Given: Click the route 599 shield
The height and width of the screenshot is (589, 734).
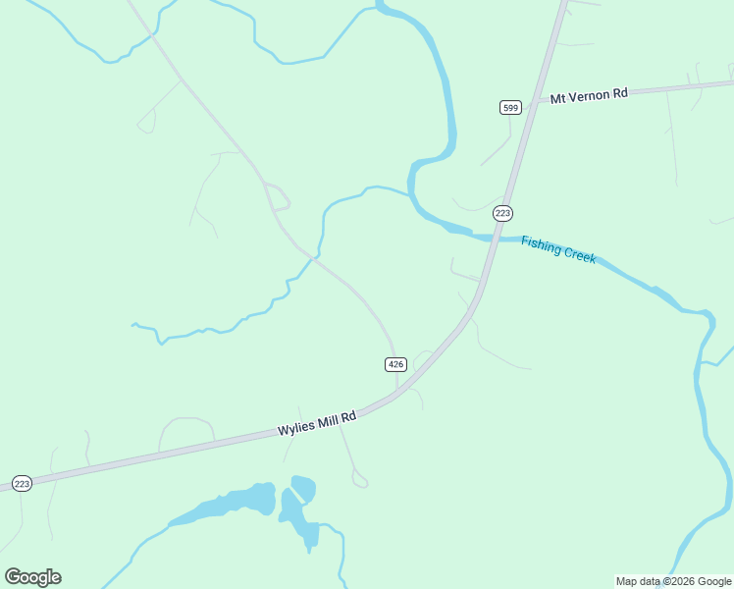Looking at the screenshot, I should point(510,107).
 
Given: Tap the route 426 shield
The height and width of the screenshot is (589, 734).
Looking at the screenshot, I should point(395,364).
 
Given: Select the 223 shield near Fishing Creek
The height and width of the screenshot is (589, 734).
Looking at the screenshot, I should point(503,213).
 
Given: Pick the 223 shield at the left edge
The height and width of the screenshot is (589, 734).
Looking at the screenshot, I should point(22,483).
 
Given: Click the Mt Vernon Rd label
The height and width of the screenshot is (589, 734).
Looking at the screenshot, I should point(588,95).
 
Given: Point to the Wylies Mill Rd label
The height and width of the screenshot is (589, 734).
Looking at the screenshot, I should point(316,424).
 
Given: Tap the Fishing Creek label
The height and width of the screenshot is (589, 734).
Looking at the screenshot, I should point(558,249).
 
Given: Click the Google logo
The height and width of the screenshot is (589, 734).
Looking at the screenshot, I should point(33,577).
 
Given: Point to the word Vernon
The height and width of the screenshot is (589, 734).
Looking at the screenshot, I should point(590,95).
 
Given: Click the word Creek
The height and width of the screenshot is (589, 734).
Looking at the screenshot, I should point(578,254).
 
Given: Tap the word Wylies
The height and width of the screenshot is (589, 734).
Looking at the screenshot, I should point(294,429).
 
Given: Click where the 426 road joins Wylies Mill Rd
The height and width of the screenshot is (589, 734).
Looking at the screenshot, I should point(397,391).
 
